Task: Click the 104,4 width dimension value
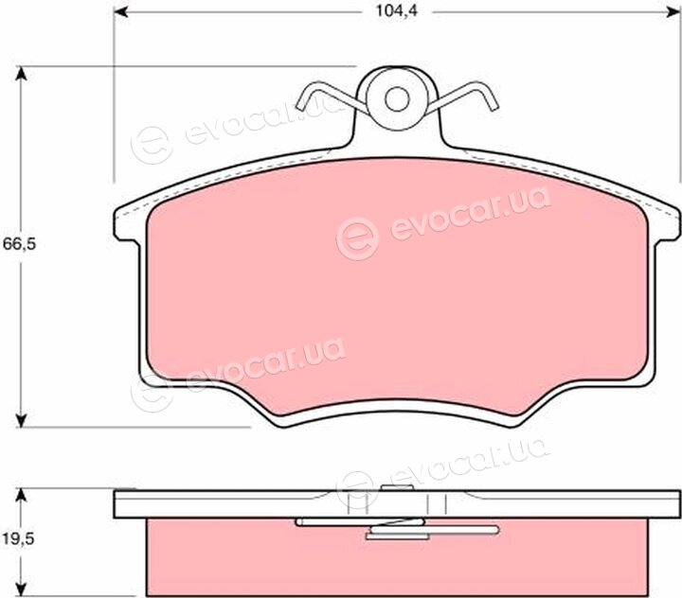(x=396, y=10)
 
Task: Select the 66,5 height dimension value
(x=19, y=244)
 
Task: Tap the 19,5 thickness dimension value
(x=18, y=539)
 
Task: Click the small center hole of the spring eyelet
(x=397, y=99)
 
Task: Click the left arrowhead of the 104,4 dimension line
(x=120, y=12)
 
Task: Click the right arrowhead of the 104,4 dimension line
(x=673, y=12)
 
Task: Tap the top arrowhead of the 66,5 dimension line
(x=21, y=74)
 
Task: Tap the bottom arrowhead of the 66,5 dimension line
(x=21, y=420)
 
